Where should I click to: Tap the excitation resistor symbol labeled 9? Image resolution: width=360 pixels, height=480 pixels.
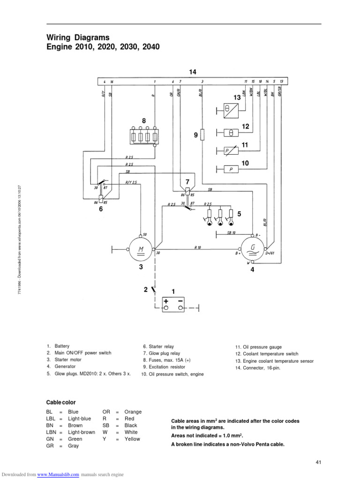point(202,135)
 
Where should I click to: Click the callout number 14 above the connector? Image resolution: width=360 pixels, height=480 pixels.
point(193,72)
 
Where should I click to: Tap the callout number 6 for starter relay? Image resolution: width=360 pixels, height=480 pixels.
point(100,210)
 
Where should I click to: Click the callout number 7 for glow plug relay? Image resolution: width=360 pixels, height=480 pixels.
point(187,181)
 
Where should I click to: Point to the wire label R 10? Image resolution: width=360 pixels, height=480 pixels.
point(198,247)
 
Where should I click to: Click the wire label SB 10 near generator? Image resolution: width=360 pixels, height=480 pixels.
point(231,232)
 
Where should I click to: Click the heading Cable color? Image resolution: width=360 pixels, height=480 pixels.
point(61,402)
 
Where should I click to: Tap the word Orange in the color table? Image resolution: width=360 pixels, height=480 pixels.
point(133,412)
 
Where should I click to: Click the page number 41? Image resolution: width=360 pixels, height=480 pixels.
point(318,463)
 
